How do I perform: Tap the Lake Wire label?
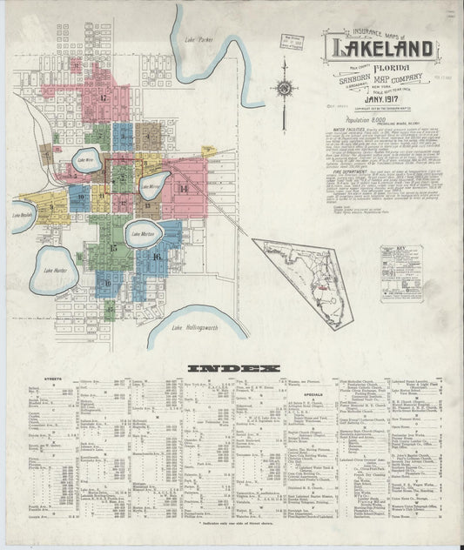click(x=85, y=160)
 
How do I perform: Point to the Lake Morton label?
click(x=142, y=233)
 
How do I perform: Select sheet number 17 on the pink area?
click(x=102, y=97)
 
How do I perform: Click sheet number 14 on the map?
click(x=184, y=189)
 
